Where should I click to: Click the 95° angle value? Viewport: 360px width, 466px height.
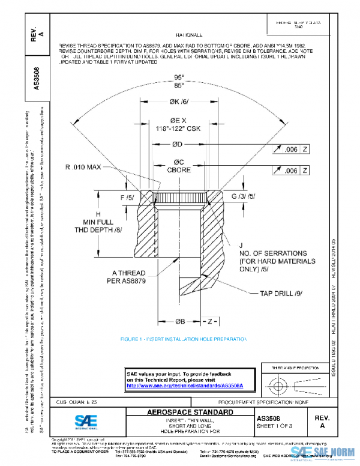178,77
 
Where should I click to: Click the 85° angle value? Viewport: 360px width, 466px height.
178,85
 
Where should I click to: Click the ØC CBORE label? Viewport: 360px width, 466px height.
178,166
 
